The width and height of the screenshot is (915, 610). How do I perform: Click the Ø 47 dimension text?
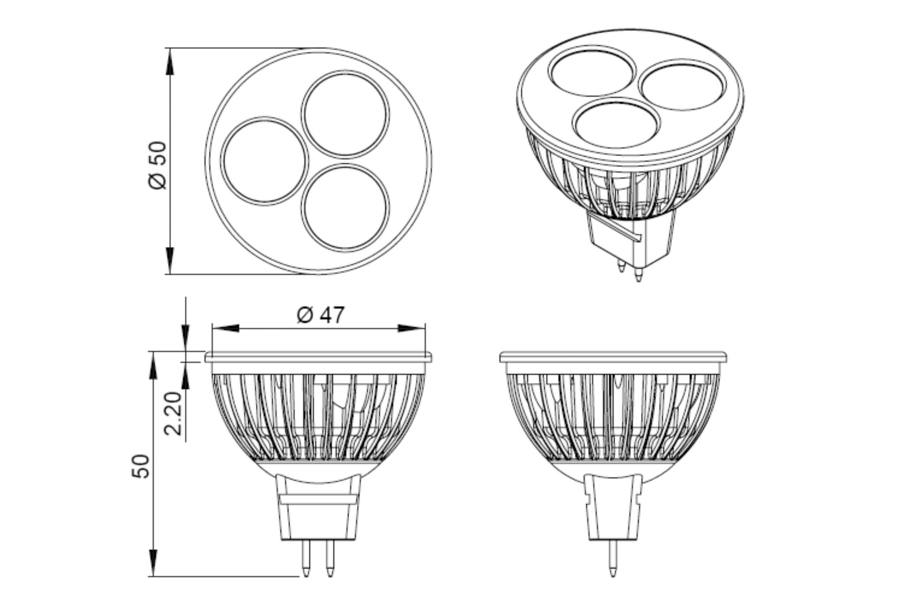(320, 315)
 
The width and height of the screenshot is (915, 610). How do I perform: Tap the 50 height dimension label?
(142, 466)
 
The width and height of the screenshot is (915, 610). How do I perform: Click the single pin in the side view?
(613, 558)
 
